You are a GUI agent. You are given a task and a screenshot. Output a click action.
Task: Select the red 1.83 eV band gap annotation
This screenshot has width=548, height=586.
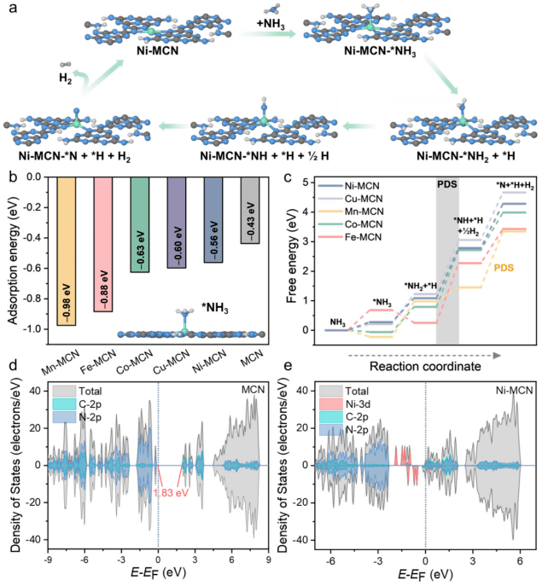click(x=169, y=494)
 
